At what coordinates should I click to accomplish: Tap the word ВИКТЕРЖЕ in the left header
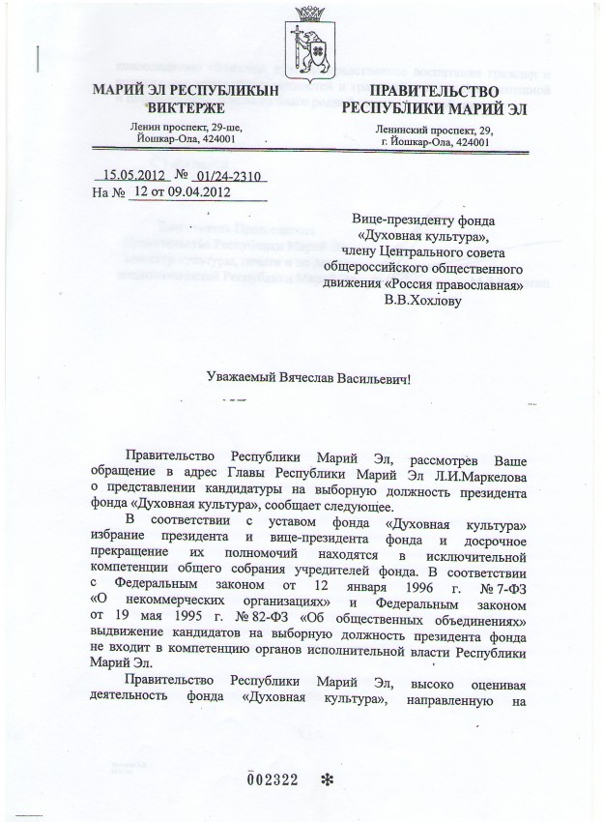178,107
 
